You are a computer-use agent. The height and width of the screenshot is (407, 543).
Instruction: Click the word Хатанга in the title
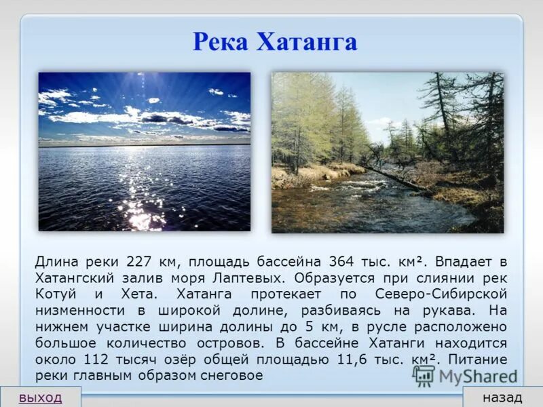[306, 42]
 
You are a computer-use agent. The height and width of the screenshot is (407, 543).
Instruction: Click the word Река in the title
[221, 42]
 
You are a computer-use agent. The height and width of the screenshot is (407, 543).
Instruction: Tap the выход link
[40, 397]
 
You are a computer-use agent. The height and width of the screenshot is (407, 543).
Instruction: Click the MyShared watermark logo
[464, 375]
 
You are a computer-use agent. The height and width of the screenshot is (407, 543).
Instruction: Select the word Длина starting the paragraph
[57, 262]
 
